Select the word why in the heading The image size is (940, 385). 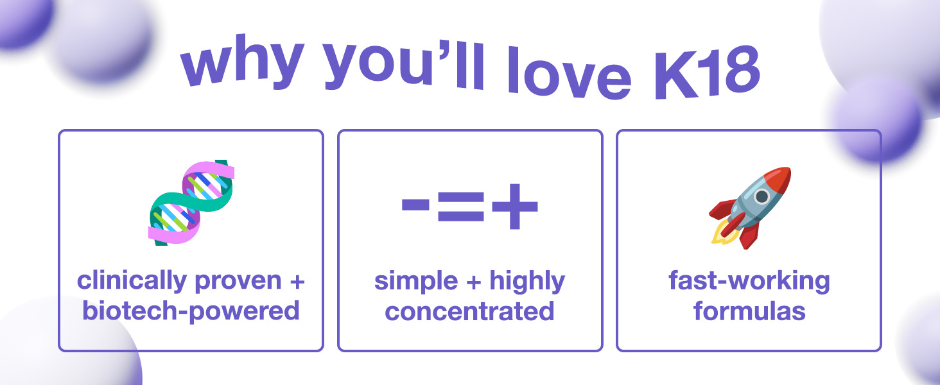242,62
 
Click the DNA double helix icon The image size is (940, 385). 191,202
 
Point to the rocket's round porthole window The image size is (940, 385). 762,196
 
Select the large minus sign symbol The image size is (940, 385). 415,205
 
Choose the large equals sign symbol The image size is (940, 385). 461,207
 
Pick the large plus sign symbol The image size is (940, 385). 514,207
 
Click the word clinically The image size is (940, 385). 132,282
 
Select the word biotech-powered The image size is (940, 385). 191,312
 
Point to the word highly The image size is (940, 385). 527,282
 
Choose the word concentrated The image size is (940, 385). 469,312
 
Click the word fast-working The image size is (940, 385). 749,282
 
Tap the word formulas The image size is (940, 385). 749,311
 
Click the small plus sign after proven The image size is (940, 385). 297,282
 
